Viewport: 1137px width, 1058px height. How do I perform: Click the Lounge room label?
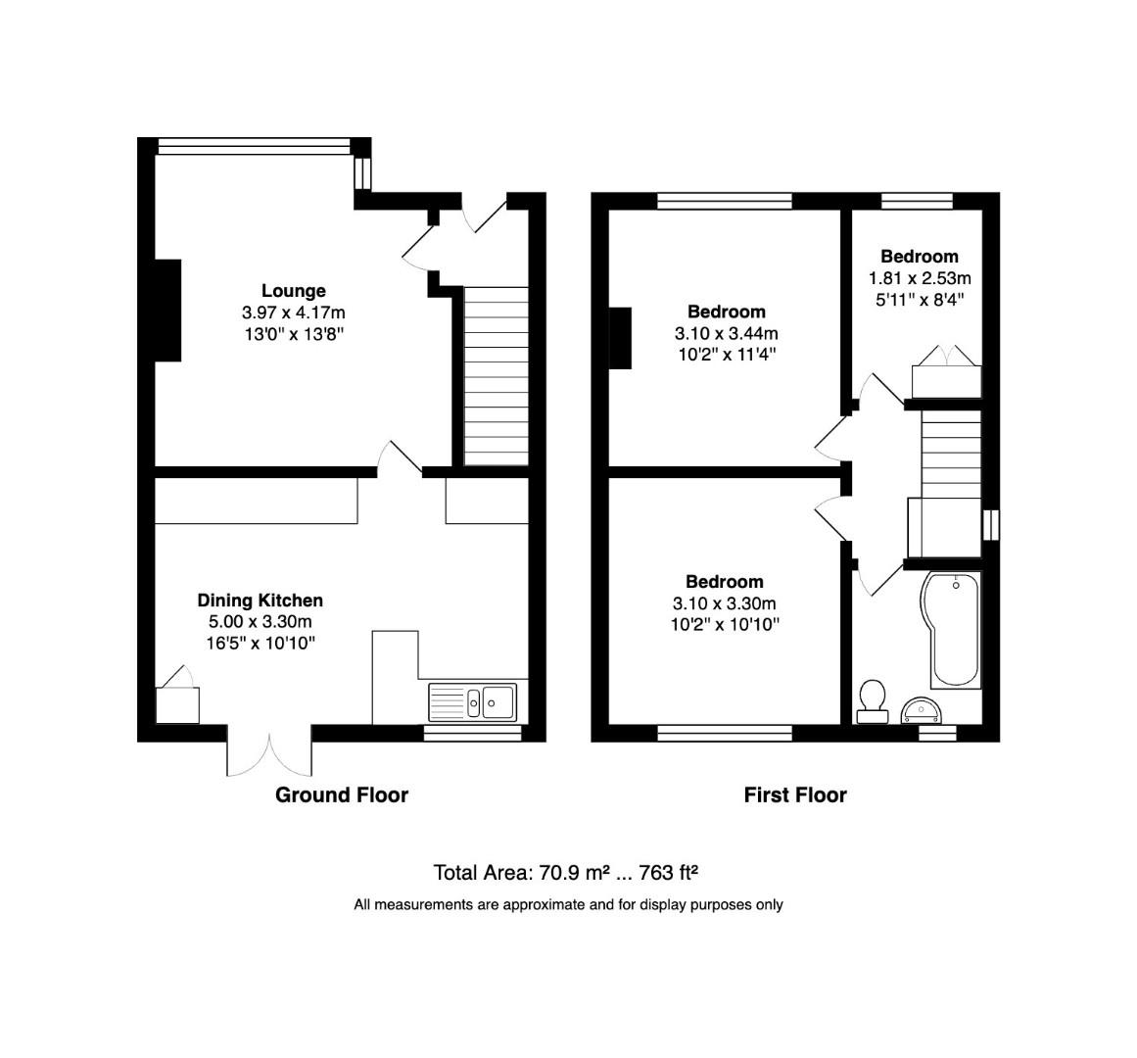coord(293,291)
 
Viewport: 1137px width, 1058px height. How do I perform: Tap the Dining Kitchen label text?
coord(260,601)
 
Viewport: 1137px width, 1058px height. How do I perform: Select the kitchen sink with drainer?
coord(473,700)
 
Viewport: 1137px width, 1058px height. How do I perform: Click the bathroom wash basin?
coord(921,708)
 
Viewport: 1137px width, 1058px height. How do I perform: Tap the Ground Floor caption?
coord(341,794)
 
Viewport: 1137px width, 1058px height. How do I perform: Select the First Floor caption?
coord(794,794)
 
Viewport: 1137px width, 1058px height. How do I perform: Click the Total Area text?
coord(565,872)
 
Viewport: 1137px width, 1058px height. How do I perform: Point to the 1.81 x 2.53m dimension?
coord(919,278)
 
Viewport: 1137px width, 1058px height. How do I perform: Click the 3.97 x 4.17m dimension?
coord(293,313)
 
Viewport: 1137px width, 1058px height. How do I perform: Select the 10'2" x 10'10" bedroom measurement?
coord(725,624)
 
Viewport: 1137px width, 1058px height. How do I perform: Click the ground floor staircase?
coord(495,375)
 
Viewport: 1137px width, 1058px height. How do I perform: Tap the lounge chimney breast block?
coord(167,311)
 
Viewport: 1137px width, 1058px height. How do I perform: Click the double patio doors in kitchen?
coord(270,752)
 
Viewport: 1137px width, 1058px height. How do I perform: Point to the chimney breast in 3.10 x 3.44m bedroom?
coord(621,338)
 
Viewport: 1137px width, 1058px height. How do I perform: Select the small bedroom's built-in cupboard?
coord(945,379)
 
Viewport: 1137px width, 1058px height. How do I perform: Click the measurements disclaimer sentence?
coord(568,905)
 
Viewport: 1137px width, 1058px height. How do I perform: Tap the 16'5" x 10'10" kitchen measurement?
coord(260,643)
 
